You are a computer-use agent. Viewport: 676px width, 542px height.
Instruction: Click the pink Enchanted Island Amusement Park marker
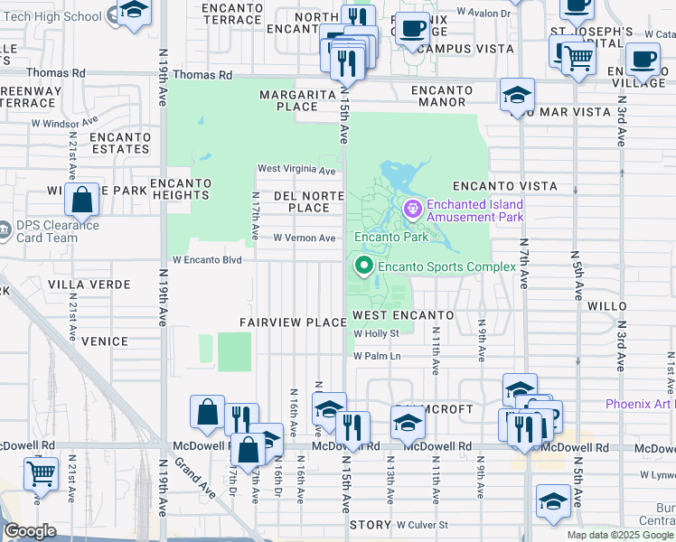click(x=414, y=210)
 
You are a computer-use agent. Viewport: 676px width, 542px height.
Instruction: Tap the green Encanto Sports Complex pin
click(x=364, y=266)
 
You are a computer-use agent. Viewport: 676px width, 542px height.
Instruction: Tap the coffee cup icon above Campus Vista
click(x=414, y=29)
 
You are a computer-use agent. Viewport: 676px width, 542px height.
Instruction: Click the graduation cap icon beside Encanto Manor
click(x=518, y=94)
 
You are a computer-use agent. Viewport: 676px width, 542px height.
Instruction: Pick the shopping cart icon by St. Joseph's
click(x=578, y=58)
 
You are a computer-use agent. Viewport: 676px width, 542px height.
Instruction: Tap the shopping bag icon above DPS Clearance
click(x=81, y=199)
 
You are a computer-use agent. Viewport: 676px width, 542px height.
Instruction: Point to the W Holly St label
click(x=376, y=333)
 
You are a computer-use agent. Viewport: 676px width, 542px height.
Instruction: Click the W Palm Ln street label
click(x=377, y=356)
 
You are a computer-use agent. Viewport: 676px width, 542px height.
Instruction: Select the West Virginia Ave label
click(x=296, y=169)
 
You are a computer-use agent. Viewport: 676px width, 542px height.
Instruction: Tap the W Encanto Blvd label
click(x=208, y=259)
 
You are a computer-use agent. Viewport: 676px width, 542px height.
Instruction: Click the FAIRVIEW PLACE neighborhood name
click(x=293, y=322)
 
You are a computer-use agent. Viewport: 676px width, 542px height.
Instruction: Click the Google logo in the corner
click(x=30, y=531)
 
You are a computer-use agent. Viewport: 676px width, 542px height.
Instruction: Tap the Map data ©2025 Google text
click(x=620, y=535)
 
